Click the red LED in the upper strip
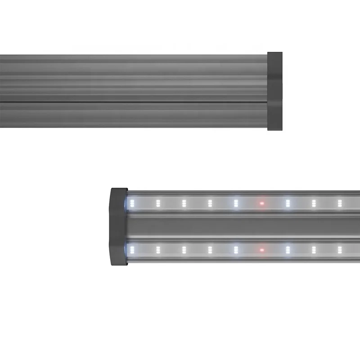point(261,203)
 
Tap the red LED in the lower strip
point(261,249)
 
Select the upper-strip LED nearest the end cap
point(132,203)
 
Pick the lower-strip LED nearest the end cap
point(132,249)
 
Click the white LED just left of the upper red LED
point(236,203)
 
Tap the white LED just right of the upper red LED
point(288,203)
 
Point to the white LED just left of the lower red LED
point(236,249)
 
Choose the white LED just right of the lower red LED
point(288,249)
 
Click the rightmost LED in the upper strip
point(340,203)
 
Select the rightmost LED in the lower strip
point(340,249)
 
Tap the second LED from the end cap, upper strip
point(158,203)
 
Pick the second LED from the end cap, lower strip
point(158,249)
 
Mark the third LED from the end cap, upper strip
point(184,203)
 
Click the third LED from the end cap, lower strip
point(184,249)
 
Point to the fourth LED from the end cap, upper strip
point(210,203)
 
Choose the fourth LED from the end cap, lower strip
point(210,249)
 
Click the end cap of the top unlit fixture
point(275,91)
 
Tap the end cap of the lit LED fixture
point(118,226)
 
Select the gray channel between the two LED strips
point(243,226)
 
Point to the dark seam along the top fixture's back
point(135,103)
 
